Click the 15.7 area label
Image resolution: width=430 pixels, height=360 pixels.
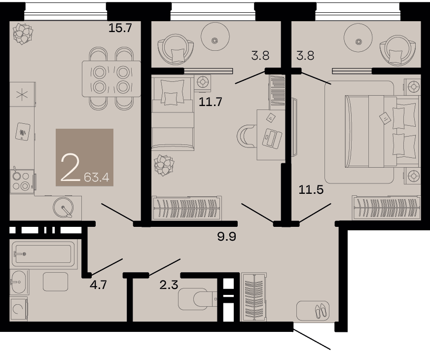point(120,28)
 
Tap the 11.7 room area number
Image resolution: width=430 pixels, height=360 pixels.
point(211,102)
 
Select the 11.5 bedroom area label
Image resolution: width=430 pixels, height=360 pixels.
point(311,189)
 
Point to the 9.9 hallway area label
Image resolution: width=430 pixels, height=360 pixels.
point(226,236)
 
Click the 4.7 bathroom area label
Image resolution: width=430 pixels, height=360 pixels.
point(98,285)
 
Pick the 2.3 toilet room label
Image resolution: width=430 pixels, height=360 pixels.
point(169,285)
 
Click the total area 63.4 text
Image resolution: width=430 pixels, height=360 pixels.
point(97,178)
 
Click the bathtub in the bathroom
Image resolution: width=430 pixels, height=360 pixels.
point(43,254)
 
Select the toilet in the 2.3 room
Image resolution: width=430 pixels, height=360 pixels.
point(197,298)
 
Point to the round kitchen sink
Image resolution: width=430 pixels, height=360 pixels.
point(63,207)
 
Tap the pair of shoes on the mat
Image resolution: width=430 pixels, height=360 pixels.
point(321,311)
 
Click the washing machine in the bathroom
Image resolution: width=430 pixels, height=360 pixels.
point(19,309)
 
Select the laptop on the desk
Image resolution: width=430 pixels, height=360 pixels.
point(272,138)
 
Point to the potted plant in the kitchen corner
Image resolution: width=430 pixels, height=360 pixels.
point(23,34)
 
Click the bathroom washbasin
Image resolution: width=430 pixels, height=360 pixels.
point(19,282)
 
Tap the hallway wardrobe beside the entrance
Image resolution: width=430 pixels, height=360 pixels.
point(253,297)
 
